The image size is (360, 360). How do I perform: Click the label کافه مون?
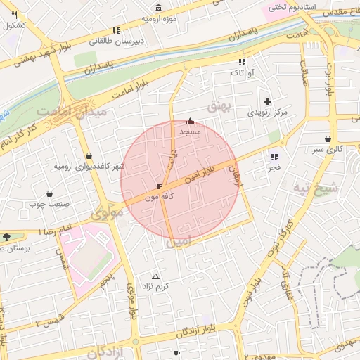pos(157,198)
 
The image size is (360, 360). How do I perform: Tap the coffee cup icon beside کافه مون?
pos(158,186)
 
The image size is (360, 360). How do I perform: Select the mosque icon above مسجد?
pos(190,120)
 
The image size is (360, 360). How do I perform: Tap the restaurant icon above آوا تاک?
pos(242,62)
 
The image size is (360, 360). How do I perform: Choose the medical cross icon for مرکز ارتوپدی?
pos(267,101)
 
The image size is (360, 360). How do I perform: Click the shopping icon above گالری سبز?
pos(328,139)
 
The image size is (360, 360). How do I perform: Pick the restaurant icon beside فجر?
pos(274,157)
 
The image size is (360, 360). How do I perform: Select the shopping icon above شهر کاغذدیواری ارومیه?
pos(88,155)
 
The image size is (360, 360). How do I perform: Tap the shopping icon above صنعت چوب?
pos(49,193)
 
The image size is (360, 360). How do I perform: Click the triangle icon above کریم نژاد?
pos(156,276)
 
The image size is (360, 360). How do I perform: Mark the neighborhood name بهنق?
pos(219,105)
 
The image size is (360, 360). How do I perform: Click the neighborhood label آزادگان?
pos(109,350)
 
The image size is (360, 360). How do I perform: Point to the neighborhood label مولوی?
pos(107,211)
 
